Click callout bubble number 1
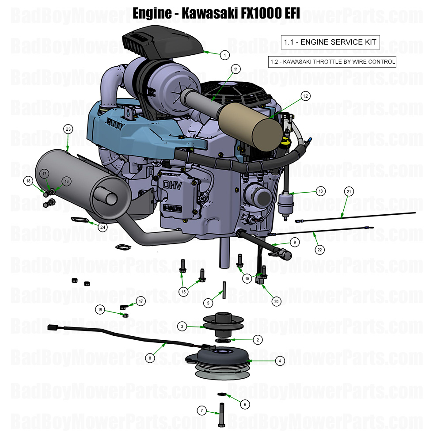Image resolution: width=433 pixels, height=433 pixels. (225, 55)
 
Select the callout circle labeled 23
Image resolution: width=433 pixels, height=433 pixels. (68, 129)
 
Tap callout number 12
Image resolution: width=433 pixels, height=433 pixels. (305, 96)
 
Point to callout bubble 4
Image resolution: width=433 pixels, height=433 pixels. (279, 361)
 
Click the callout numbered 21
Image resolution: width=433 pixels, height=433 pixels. (349, 191)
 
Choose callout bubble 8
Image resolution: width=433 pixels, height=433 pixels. (151, 358)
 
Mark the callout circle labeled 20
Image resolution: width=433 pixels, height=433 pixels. (276, 302)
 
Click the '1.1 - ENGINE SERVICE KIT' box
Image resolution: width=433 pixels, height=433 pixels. (330, 42)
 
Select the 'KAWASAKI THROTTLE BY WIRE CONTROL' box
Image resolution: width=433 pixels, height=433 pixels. (332, 61)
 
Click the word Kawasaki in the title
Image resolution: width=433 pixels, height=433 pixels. (212, 13)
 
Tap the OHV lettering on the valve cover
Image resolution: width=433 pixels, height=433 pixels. (175, 184)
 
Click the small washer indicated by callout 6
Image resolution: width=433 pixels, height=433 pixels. (222, 394)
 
